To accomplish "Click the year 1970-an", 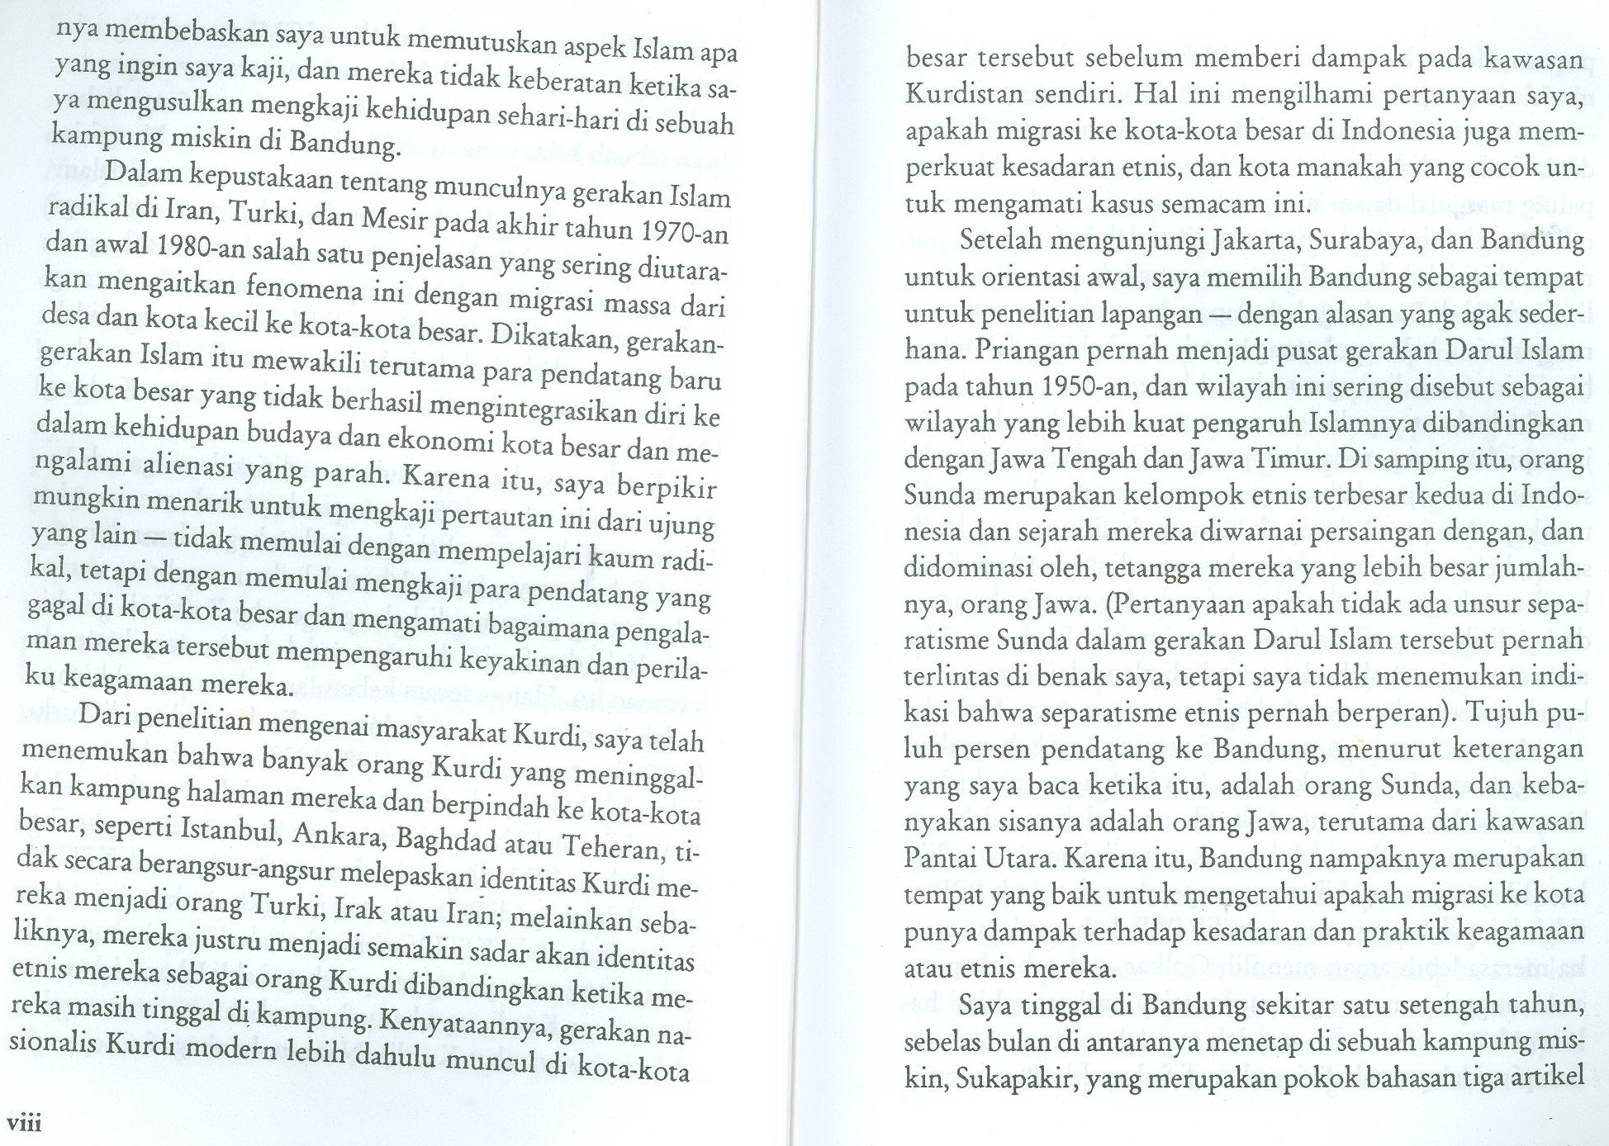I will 684,231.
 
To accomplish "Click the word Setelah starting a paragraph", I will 1009,240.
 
